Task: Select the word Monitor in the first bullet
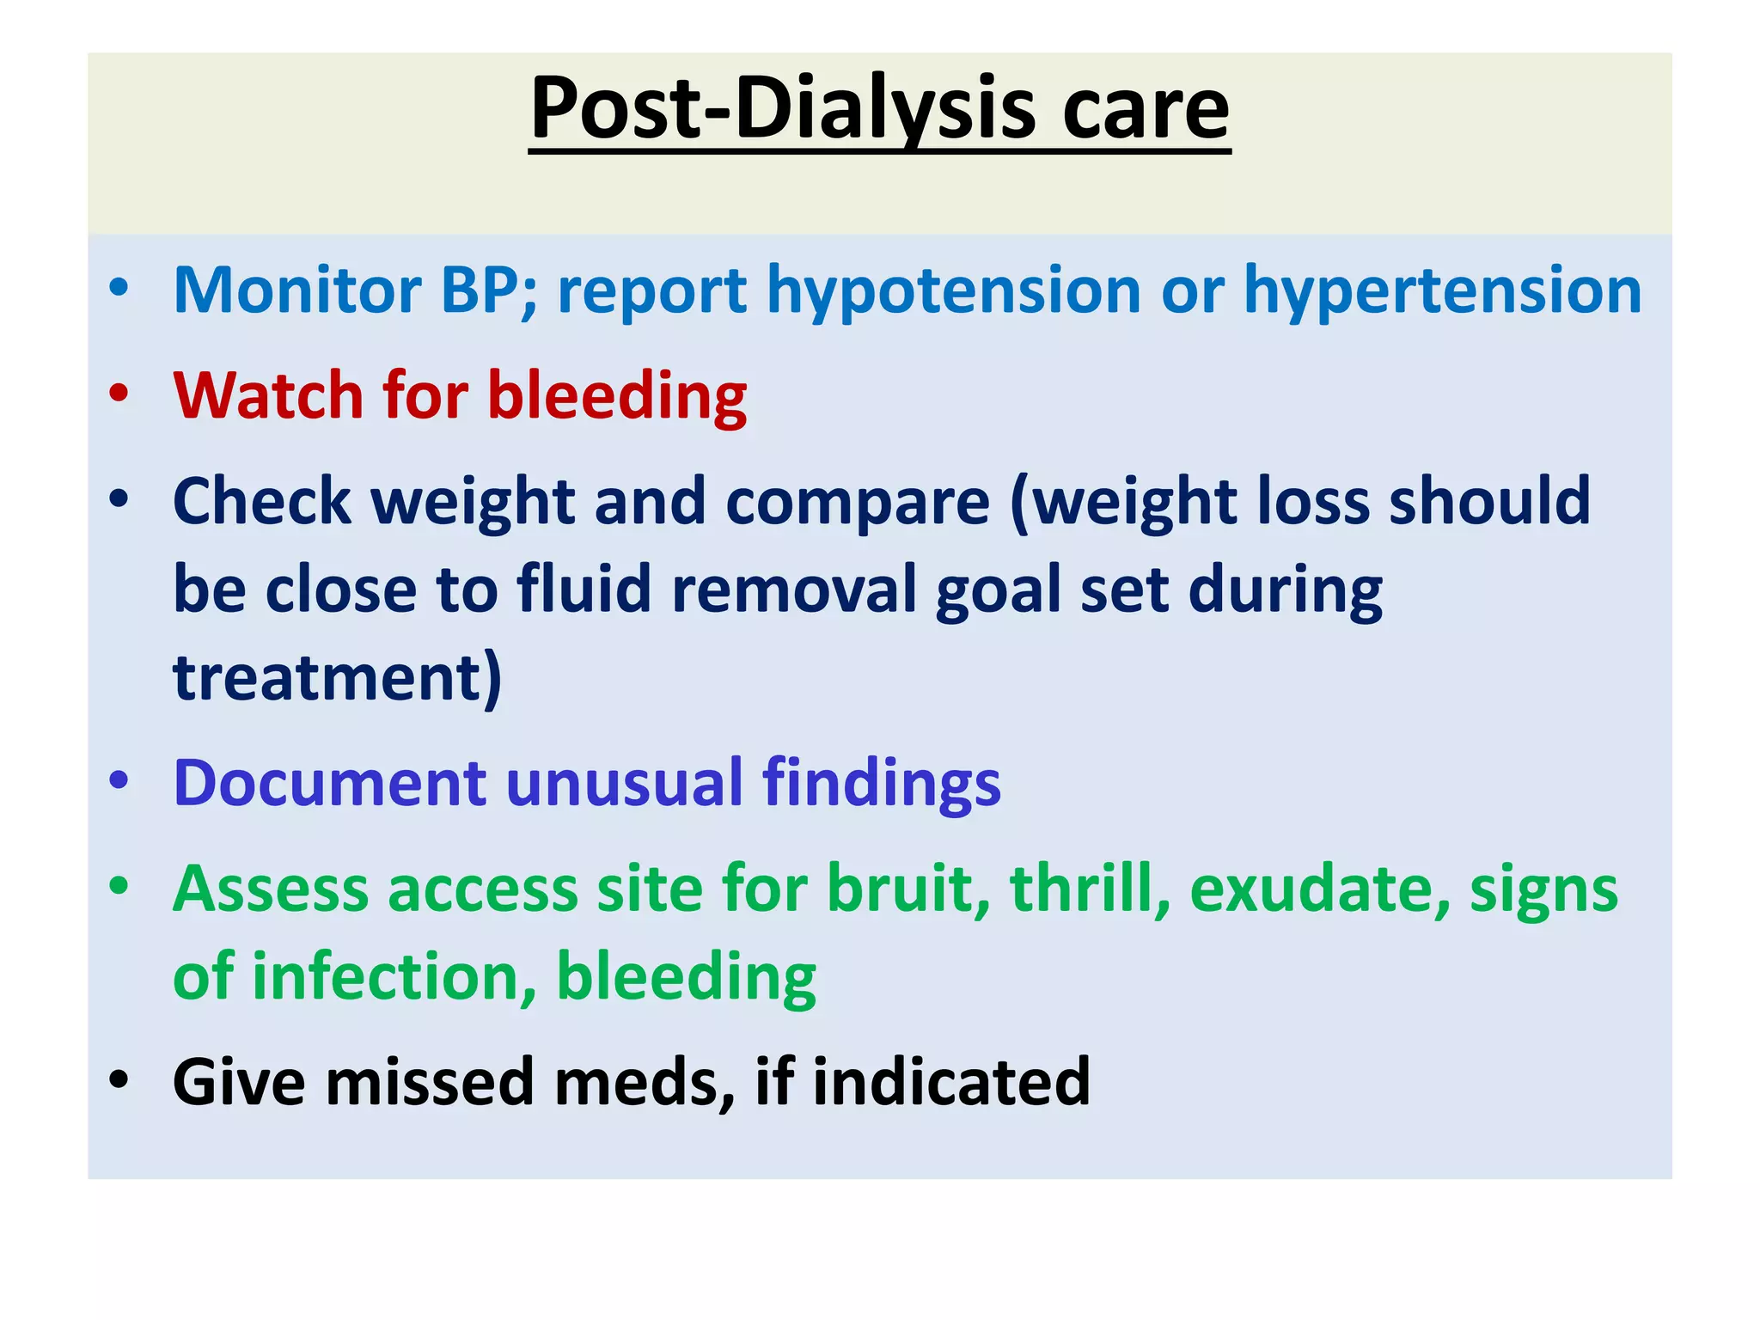click(x=296, y=290)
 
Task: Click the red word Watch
click(x=268, y=396)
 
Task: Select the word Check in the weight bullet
click(x=261, y=502)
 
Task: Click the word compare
click(x=857, y=504)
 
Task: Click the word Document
click(x=330, y=783)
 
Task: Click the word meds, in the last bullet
click(x=645, y=1082)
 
